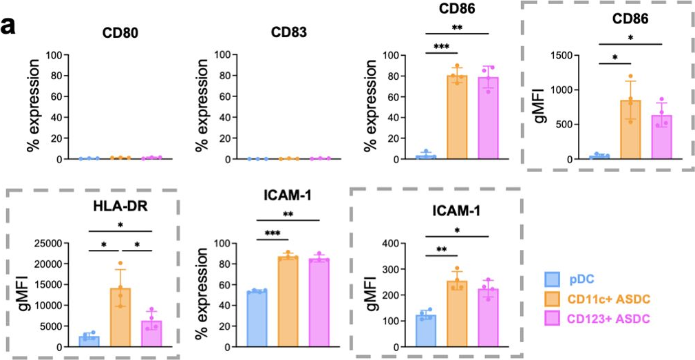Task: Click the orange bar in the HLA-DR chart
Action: click(120, 309)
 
